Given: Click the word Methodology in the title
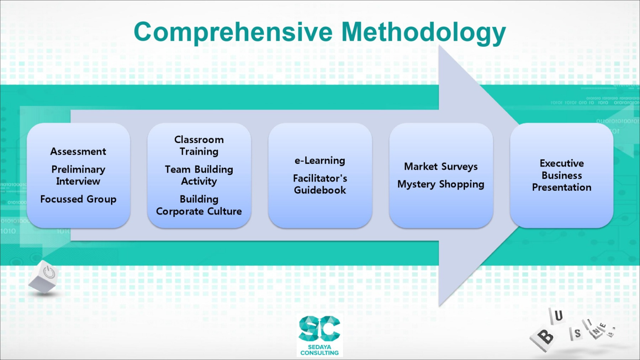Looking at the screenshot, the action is (x=423, y=33).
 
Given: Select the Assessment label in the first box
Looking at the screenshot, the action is (x=78, y=152).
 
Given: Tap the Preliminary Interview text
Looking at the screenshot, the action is (x=78, y=175).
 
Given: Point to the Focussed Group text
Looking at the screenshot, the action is (x=78, y=199).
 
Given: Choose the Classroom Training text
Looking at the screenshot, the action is (x=199, y=145).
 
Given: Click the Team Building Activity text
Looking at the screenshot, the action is (x=199, y=175).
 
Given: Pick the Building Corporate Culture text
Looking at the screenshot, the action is (x=199, y=205).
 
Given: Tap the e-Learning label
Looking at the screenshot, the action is (x=320, y=160).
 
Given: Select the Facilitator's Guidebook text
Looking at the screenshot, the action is (x=320, y=184).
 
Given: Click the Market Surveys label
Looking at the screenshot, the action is (x=441, y=166).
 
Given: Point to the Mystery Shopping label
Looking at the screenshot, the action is (x=441, y=184).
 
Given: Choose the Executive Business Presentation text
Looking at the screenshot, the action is (x=562, y=175).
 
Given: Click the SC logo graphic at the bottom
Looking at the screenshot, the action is (x=319, y=328).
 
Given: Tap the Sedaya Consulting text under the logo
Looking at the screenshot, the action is (x=319, y=350).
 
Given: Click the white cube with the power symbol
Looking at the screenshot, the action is (x=44, y=276).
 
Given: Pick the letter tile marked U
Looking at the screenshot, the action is (x=557, y=316).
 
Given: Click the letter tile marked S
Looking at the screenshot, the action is (x=577, y=333).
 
